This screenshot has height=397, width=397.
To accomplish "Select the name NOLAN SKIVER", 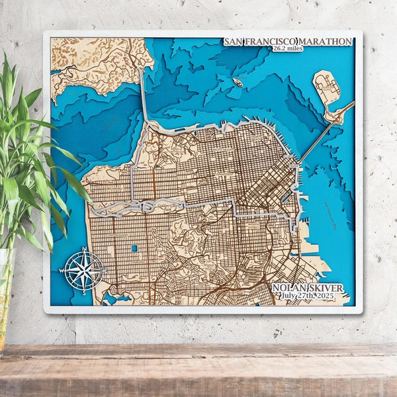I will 308,288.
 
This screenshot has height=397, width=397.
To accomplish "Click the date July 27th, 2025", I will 308,296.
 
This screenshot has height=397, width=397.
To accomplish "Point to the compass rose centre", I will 84,270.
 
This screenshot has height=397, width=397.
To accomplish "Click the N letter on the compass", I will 84,250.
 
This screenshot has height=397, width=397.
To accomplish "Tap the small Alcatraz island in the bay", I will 237,82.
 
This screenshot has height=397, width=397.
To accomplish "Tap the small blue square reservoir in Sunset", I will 134,249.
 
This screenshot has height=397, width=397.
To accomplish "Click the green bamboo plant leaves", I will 26,165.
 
